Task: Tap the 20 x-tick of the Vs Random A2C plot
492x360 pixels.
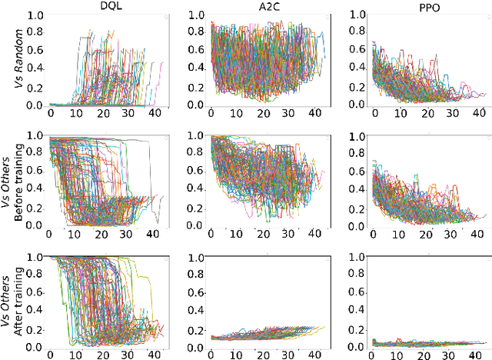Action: point(262,115)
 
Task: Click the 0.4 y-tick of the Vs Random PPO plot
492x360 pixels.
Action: point(355,68)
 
